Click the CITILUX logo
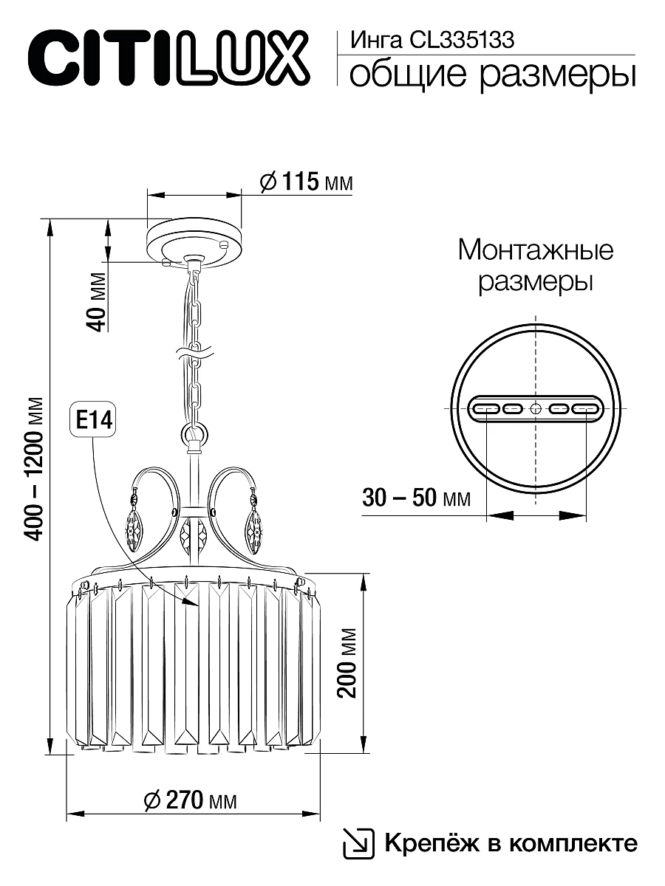(x=167, y=56)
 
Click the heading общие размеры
(x=491, y=75)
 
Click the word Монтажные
(x=535, y=250)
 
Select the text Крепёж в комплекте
(x=510, y=843)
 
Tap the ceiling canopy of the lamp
(x=194, y=240)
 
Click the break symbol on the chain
(x=194, y=355)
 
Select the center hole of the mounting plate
(x=535, y=408)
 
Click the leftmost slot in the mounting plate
(x=485, y=408)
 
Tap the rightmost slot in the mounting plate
(x=585, y=408)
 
